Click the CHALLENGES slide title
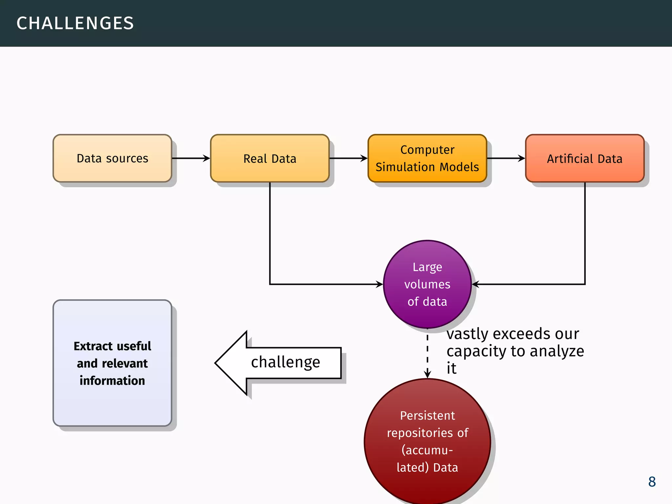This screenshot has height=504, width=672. pos(75,23)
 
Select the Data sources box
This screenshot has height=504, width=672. pos(112,158)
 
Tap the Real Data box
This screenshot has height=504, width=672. pos(270,158)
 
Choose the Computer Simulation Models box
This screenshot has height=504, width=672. pos(427,158)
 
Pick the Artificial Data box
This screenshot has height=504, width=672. pos(585,158)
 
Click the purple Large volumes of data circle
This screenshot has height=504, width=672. pos(427,284)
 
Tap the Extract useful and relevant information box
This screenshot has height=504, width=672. pos(112,363)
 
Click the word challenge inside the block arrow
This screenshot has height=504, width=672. pos(285,362)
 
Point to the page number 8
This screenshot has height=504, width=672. pos(652,482)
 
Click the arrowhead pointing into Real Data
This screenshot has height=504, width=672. pos(207,158)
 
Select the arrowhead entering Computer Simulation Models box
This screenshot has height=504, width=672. pos(364,158)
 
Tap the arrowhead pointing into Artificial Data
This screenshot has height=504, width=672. pos(522,158)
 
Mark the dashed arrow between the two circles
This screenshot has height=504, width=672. pos(427,353)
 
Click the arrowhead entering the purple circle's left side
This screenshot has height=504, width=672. pos(380,284)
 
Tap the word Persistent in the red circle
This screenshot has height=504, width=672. pos(427,416)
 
